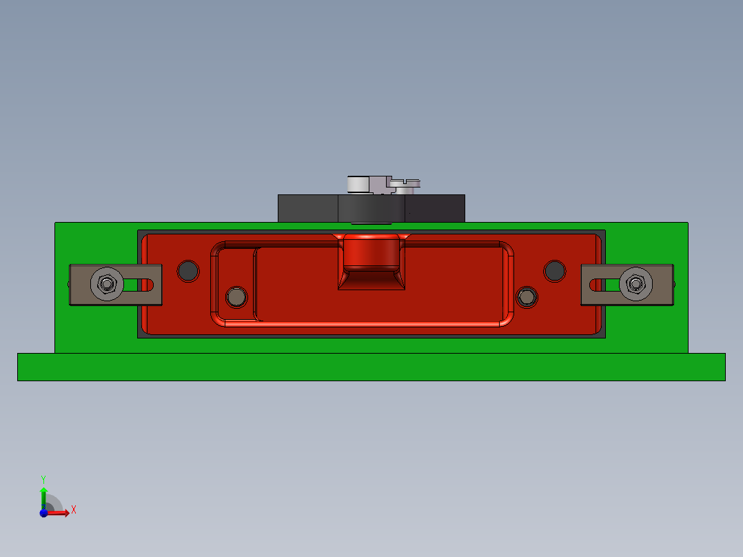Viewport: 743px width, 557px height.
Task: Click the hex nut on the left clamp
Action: (106, 283)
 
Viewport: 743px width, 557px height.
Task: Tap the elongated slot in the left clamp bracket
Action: (139, 283)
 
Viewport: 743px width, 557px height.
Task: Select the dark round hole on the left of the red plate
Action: (187, 271)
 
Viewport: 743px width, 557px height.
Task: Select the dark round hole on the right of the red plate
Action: (555, 271)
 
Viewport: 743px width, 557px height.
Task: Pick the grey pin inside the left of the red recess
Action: (237, 297)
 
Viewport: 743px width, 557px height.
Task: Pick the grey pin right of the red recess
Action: (527, 296)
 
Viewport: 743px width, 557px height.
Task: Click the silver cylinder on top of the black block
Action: (358, 185)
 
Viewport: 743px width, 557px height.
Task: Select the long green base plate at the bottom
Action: (371, 367)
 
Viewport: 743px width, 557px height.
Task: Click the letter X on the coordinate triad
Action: (73, 509)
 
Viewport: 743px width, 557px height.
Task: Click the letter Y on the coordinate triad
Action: (43, 478)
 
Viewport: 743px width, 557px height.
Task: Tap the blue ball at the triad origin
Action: (43, 512)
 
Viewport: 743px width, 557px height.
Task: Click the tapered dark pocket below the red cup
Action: (371, 280)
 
